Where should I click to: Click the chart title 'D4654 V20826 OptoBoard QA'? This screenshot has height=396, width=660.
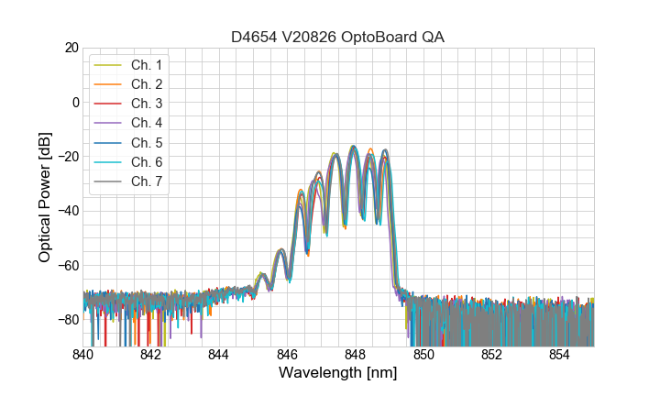(x=338, y=36)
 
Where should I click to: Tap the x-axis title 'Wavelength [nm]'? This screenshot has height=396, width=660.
(x=338, y=373)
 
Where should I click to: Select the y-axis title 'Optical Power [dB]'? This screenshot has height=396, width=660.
(x=45, y=196)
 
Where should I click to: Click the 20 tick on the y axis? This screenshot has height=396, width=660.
(x=71, y=48)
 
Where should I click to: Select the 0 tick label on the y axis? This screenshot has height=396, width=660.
(x=75, y=102)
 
